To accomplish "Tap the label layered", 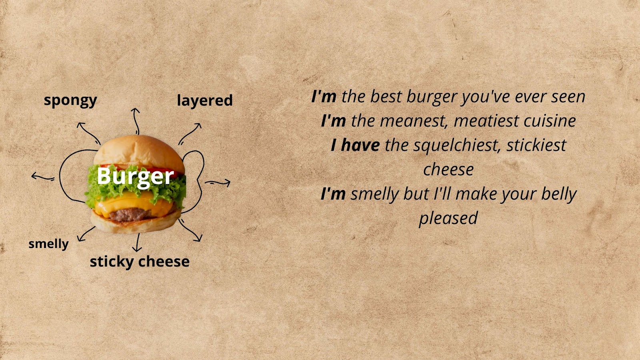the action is pyautogui.click(x=204, y=101).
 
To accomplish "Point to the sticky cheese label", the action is pyautogui.click(x=140, y=262).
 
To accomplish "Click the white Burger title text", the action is pyautogui.click(x=136, y=176).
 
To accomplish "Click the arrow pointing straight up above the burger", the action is pyautogui.click(x=136, y=121).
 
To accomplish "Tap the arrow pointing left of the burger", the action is pyautogui.click(x=43, y=177).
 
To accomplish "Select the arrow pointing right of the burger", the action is pyautogui.click(x=218, y=182).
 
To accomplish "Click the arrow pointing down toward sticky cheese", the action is pyautogui.click(x=138, y=242).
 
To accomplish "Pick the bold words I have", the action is pyautogui.click(x=355, y=145).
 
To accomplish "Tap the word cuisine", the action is pyautogui.click(x=550, y=121).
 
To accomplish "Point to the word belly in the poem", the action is pyautogui.click(x=559, y=194).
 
